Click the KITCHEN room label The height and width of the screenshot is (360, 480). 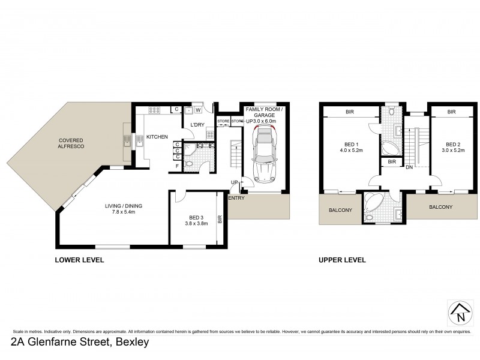(157, 137)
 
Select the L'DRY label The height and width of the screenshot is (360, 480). (197, 125)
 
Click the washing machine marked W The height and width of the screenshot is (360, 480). (196, 110)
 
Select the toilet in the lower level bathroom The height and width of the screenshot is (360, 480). (190, 163)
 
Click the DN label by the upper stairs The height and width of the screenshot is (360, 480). (410, 168)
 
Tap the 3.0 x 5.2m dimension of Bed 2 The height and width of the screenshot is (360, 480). (452, 151)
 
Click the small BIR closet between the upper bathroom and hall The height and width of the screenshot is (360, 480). (391, 162)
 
